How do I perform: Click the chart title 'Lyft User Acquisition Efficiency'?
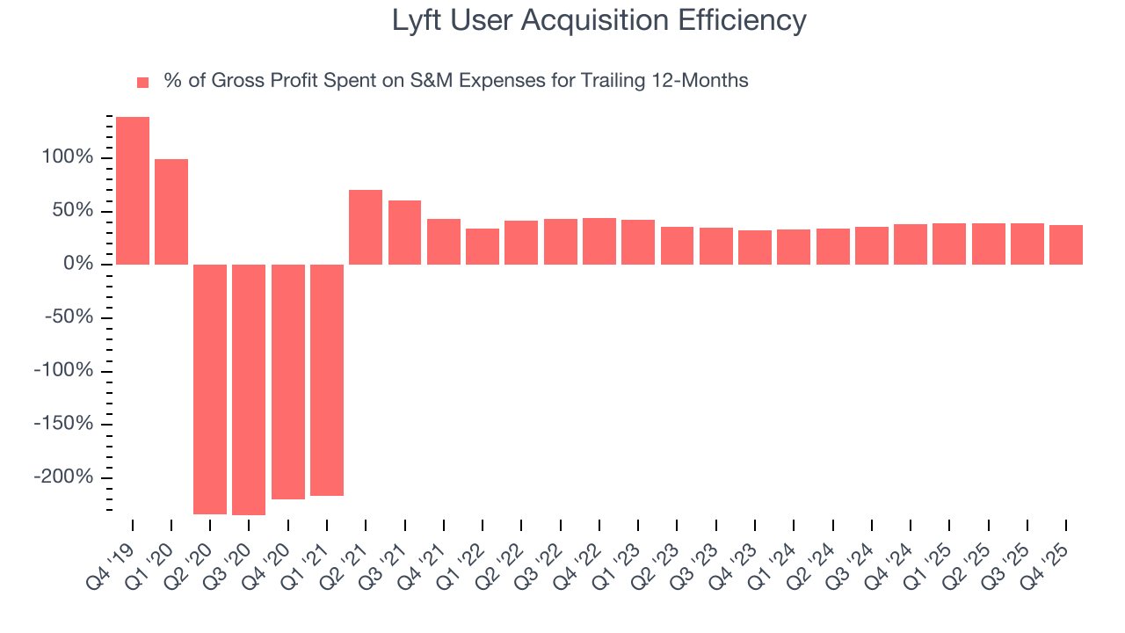[x=599, y=20]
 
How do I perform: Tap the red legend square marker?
[x=143, y=82]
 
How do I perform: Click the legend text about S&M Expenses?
[x=455, y=81]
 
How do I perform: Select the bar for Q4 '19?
[x=133, y=191]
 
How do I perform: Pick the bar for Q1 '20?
[x=171, y=212]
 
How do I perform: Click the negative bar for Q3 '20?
[x=249, y=389]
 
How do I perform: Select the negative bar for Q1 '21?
[x=327, y=380]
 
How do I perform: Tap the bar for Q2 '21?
[x=366, y=227]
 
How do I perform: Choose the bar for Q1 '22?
[x=483, y=246]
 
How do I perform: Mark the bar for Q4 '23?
[x=754, y=247]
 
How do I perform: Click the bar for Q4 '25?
[x=1065, y=244]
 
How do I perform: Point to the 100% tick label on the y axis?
[x=67, y=158]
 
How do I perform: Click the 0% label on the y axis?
[x=76, y=265]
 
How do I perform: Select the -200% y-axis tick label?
[x=63, y=477]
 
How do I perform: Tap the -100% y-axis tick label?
[x=63, y=371]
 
